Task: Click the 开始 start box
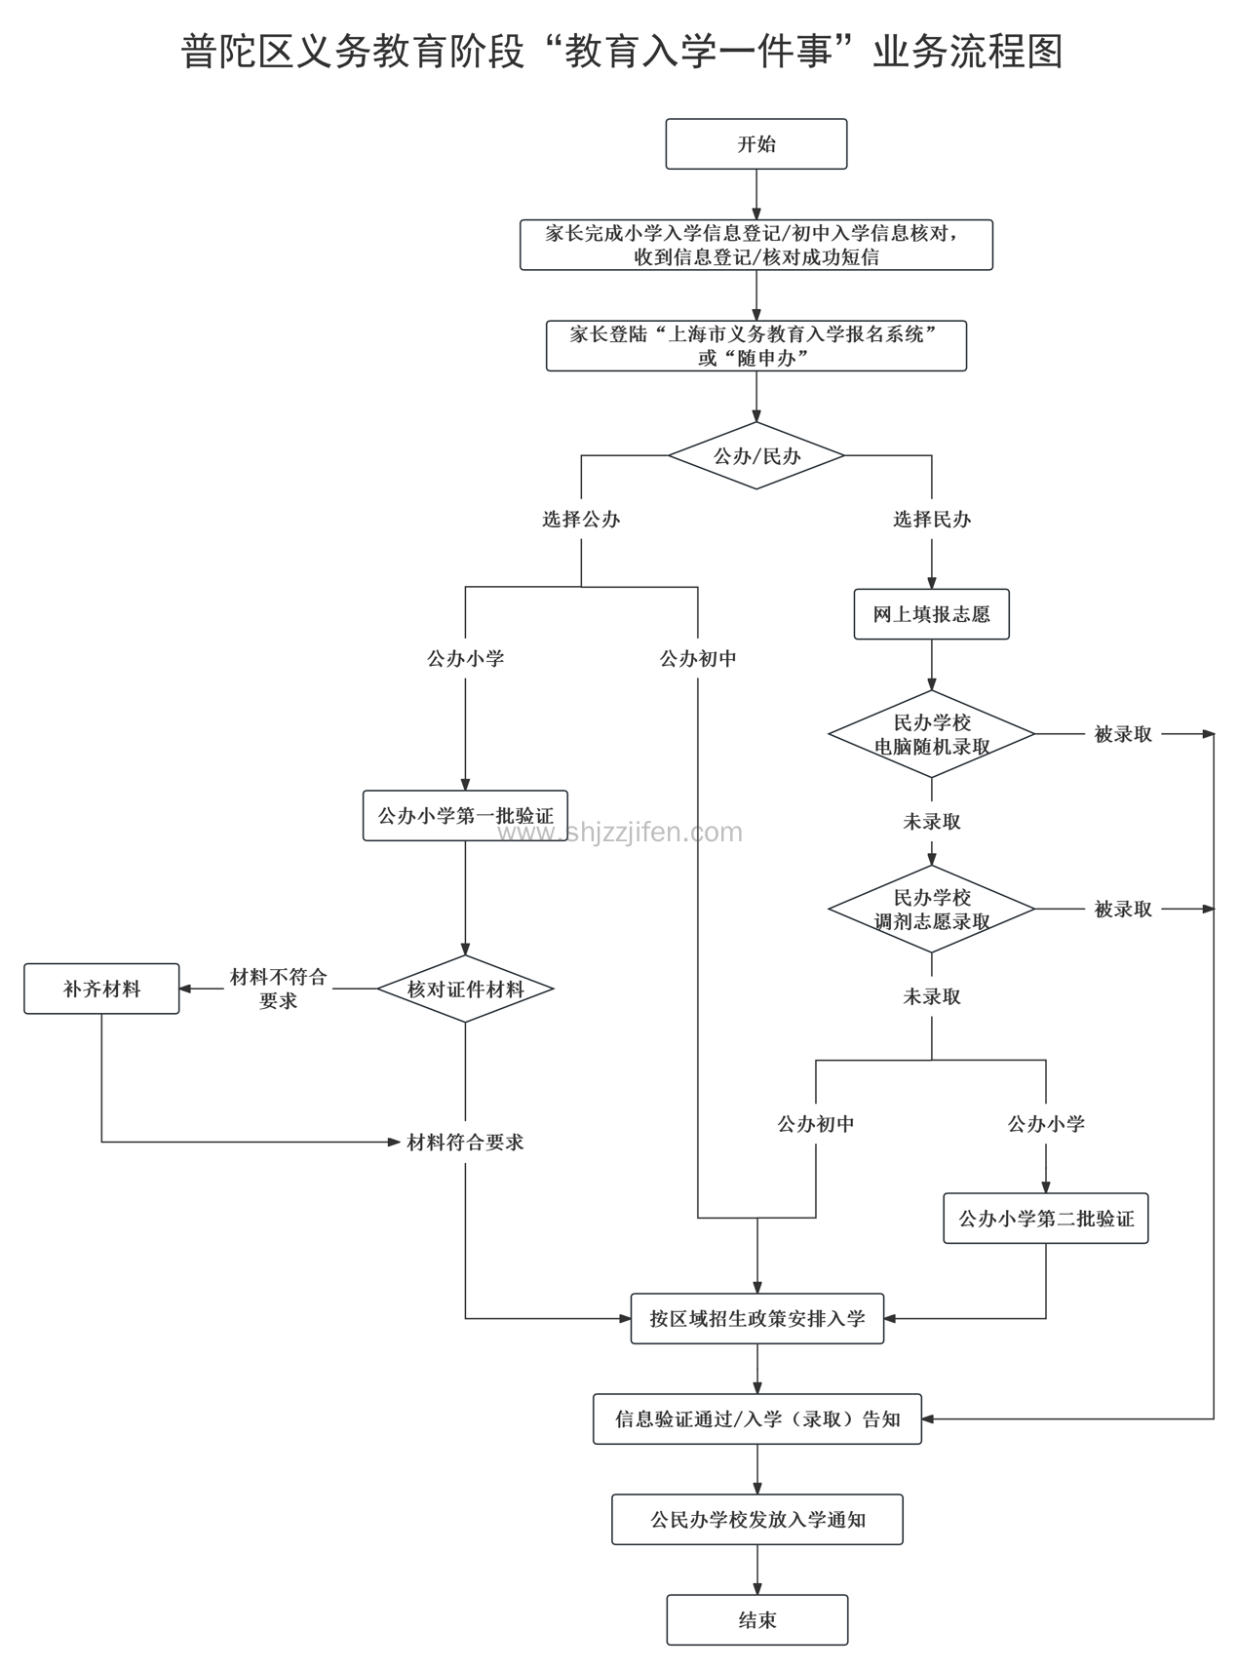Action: (x=756, y=144)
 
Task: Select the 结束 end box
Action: (x=757, y=1619)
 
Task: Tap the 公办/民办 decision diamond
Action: (x=756, y=455)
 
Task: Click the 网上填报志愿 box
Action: (x=931, y=614)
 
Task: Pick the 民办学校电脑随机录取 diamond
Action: (x=931, y=734)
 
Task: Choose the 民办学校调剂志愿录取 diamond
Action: (x=931, y=909)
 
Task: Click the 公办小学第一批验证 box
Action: (x=465, y=815)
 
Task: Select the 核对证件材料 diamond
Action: (x=465, y=989)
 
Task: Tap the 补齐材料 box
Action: (x=101, y=989)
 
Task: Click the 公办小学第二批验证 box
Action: (x=1046, y=1219)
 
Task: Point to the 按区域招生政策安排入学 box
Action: (x=757, y=1319)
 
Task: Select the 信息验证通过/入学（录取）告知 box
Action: (x=757, y=1419)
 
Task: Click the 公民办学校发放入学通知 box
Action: (x=757, y=1519)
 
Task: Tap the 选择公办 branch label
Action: (x=581, y=520)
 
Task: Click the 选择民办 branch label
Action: (x=931, y=520)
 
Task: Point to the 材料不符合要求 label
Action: (x=278, y=989)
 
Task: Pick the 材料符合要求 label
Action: (x=465, y=1142)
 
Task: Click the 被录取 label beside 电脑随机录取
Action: (x=1123, y=734)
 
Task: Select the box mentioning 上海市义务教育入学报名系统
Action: (x=756, y=345)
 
